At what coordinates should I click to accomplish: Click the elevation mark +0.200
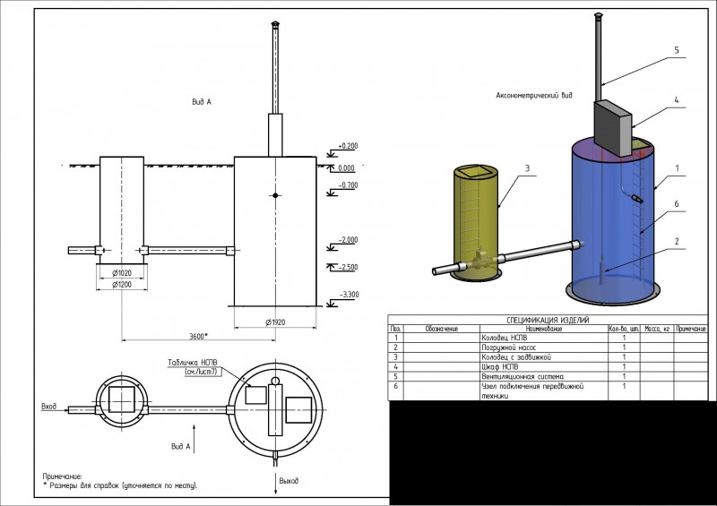click(348, 145)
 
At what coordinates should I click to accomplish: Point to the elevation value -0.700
click(348, 185)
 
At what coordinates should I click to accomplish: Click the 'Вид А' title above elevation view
click(202, 102)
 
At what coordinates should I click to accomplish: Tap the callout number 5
click(677, 50)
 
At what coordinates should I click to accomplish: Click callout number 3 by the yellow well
click(528, 167)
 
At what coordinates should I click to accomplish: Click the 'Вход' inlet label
click(49, 407)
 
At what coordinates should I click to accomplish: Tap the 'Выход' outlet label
click(289, 482)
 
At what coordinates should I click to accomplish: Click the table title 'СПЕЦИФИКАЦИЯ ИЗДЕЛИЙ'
click(548, 320)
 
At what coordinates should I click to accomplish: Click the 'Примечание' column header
click(691, 329)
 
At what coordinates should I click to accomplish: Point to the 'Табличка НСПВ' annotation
click(191, 363)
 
